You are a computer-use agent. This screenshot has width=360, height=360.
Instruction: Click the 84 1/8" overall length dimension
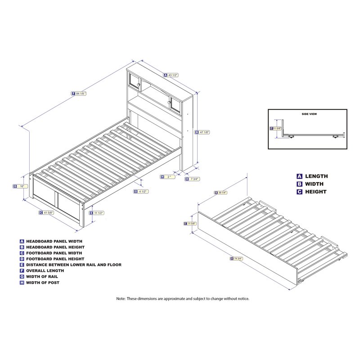(x=80, y=94)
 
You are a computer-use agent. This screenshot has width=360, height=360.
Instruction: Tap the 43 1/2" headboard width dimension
(x=173, y=75)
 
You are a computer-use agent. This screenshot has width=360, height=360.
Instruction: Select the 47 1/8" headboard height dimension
(x=204, y=132)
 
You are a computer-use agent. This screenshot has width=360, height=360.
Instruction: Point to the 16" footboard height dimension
(x=20, y=186)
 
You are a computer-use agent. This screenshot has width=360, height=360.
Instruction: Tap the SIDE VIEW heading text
(x=309, y=114)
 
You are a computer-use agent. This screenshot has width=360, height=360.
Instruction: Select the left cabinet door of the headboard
(x=135, y=81)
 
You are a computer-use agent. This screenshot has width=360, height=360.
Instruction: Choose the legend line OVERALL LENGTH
(x=45, y=271)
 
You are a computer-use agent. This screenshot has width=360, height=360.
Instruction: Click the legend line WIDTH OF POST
(x=43, y=283)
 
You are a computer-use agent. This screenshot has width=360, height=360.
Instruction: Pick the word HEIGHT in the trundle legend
(x=315, y=192)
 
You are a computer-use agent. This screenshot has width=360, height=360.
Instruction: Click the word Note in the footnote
(x=121, y=298)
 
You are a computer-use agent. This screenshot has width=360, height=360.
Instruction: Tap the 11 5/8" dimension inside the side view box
(x=276, y=128)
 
